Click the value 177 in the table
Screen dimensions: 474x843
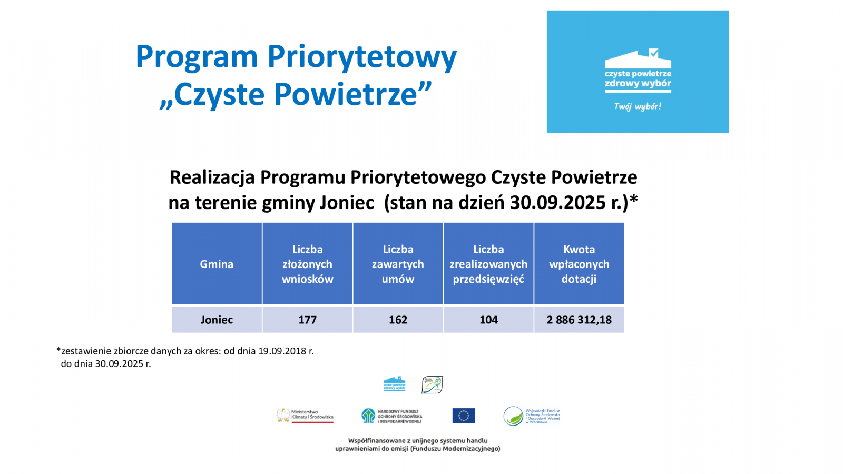point(307,320)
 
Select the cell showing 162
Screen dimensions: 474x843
point(398,320)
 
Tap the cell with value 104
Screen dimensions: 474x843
point(488,320)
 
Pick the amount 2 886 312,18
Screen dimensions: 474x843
point(579,320)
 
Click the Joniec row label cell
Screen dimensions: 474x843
point(217,320)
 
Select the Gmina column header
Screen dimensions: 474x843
point(217,264)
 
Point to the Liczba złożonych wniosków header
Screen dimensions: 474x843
point(307,264)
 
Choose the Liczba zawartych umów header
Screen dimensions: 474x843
point(398,264)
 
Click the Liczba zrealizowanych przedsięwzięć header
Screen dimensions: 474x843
point(488,264)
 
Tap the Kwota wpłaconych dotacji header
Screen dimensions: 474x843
point(579,264)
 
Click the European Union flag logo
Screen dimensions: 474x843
point(463,416)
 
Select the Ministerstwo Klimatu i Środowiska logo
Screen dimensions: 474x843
point(305,416)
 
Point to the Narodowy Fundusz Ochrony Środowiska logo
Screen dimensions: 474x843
point(391,416)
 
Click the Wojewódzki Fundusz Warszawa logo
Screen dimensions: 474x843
point(531,416)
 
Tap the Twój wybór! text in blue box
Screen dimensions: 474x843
point(638,106)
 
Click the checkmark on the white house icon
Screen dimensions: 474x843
point(653,53)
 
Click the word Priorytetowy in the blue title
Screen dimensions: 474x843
point(362,56)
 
